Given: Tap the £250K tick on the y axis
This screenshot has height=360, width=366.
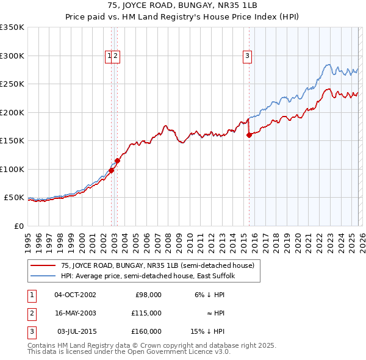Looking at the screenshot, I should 12,84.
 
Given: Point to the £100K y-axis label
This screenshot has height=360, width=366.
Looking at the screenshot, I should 12,169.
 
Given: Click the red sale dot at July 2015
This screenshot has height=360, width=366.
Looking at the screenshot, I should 249,135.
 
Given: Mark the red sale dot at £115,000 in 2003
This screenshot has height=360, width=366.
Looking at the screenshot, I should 117,160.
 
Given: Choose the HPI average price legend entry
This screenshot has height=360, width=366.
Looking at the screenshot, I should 152,276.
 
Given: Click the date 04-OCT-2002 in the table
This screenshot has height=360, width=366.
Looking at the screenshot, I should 75,295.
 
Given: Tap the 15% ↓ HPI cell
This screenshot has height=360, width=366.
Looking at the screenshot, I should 207,331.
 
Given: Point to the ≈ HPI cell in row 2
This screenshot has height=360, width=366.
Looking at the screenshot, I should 215,313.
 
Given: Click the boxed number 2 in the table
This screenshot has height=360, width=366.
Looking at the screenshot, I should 31,313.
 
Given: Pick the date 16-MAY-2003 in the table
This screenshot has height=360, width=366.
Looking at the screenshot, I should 75,313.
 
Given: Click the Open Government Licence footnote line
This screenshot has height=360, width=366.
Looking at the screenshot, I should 129,352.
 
